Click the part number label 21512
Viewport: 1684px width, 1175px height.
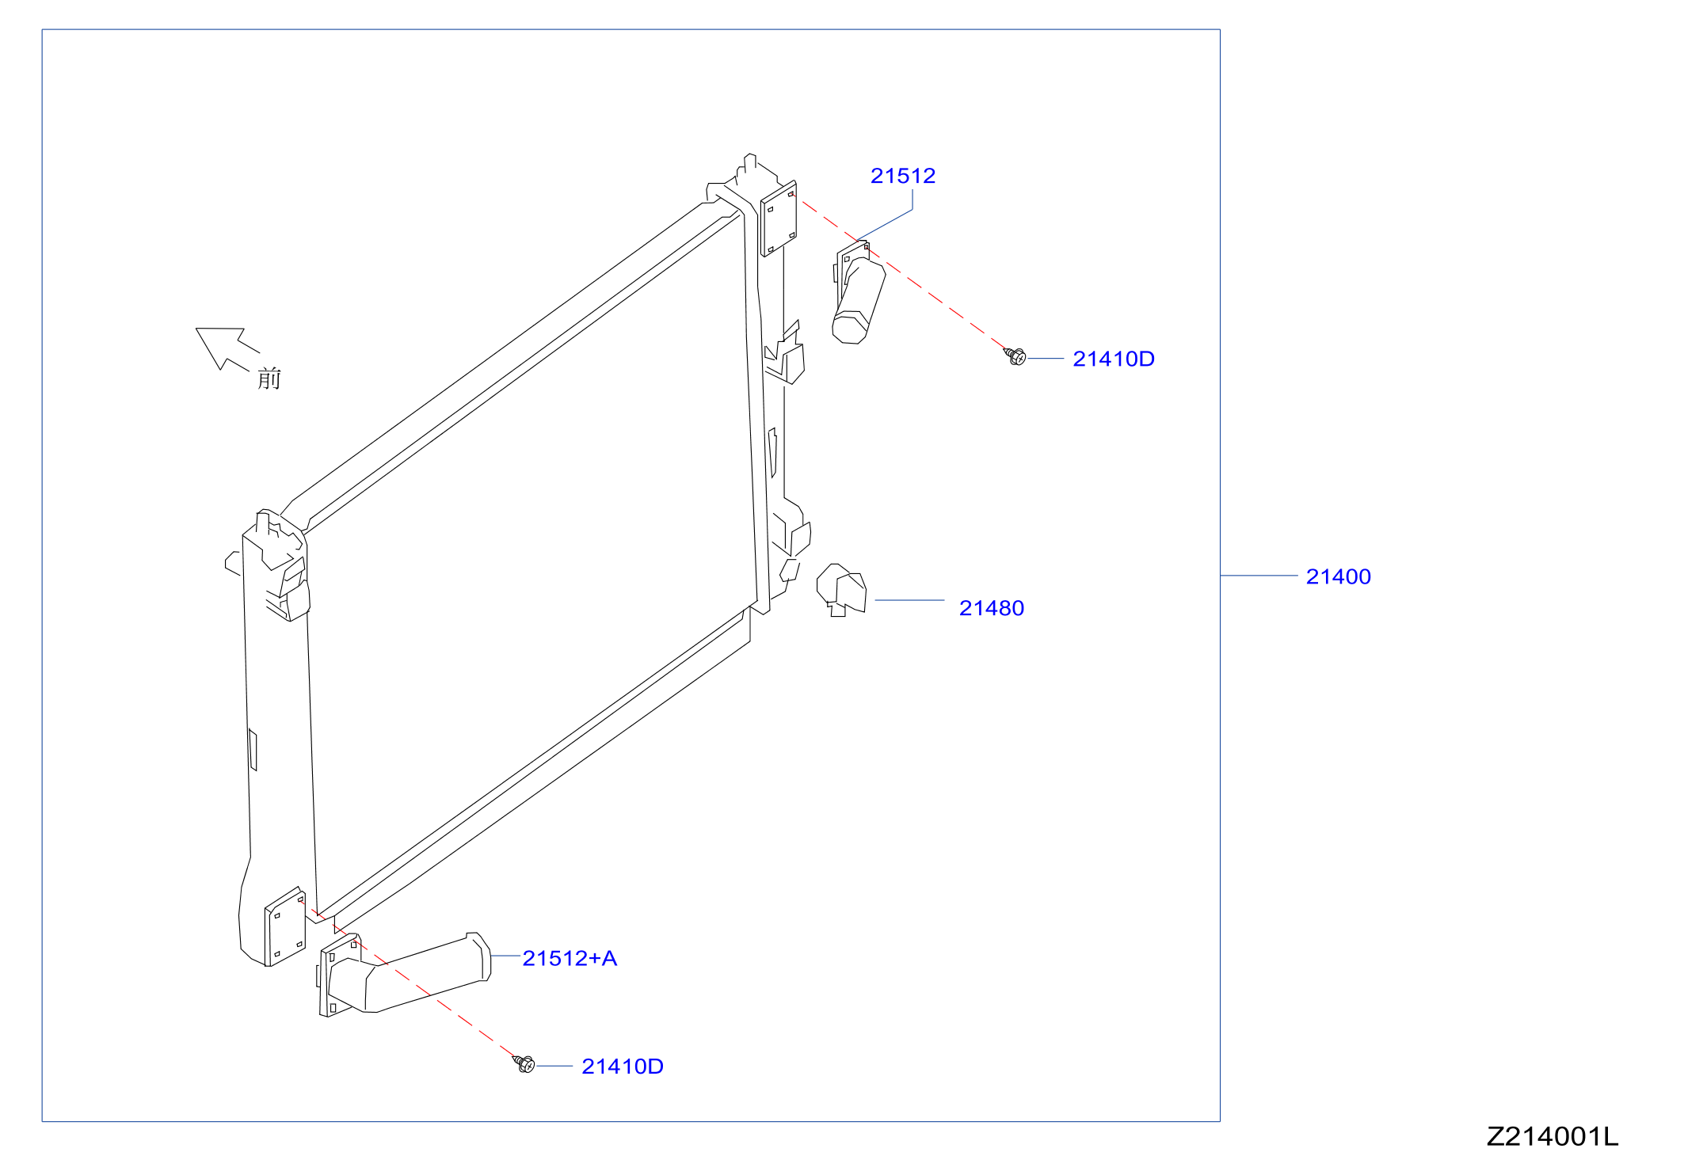point(903,176)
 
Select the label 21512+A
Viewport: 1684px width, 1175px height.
point(570,959)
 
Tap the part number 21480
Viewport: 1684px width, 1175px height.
point(992,608)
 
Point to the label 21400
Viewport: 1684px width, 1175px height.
point(1339,576)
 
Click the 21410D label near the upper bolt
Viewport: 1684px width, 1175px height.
point(1114,359)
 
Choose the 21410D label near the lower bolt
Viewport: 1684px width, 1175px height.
point(623,1067)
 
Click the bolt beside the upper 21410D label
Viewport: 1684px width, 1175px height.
point(1015,356)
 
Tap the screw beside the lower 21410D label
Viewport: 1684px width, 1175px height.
point(524,1064)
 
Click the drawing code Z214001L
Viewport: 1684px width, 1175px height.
point(1553,1137)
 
